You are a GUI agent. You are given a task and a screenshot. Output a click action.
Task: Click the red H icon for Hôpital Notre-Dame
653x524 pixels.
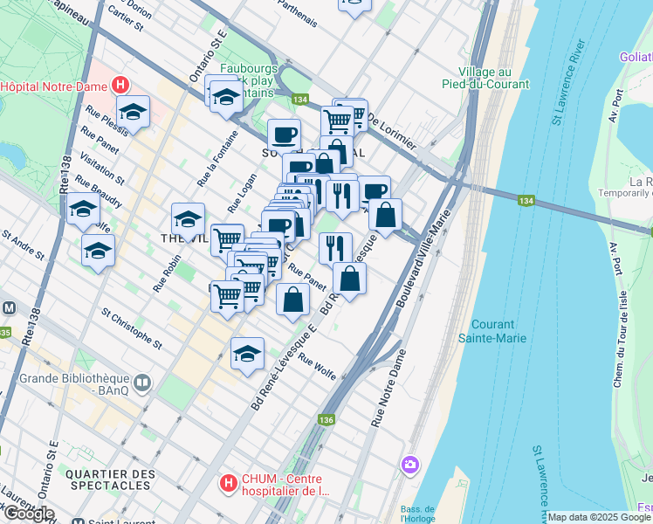pyautogui.click(x=121, y=86)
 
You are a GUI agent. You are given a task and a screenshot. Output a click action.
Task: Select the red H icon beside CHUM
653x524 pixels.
pyautogui.click(x=228, y=482)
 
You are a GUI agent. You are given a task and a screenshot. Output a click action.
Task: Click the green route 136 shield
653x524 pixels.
pyautogui.click(x=326, y=420)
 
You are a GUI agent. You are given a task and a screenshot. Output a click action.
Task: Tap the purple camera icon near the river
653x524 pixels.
pyautogui.click(x=409, y=465)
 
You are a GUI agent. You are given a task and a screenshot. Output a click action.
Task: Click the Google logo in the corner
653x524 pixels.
pyautogui.click(x=28, y=514)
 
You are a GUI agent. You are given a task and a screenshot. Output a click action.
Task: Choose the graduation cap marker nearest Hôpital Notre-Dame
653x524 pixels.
pyautogui.click(x=133, y=112)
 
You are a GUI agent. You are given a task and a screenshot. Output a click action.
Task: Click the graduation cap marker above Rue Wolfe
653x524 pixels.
pyautogui.click(x=247, y=354)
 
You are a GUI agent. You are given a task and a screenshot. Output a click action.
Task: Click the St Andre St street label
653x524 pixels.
pyautogui.click(x=23, y=245)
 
